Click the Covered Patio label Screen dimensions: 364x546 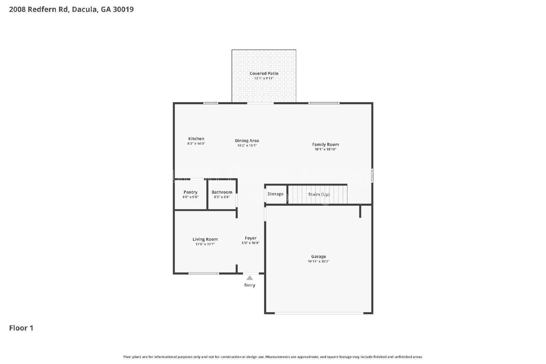pyautogui.click(x=264, y=73)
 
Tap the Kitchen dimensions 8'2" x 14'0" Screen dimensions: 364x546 pyautogui.click(x=196, y=144)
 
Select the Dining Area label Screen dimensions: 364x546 pyautogui.click(x=247, y=141)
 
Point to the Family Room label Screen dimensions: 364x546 pyautogui.click(x=325, y=144)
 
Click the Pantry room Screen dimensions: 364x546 pyautogui.click(x=190, y=194)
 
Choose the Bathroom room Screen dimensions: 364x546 pyautogui.click(x=222, y=194)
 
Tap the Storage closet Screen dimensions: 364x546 pyautogui.click(x=275, y=194)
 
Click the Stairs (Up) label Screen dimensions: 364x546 pyautogui.click(x=319, y=194)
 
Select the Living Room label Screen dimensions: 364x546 pyautogui.click(x=205, y=239)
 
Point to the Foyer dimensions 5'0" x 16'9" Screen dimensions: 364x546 pyautogui.click(x=250, y=243)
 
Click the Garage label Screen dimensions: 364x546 pyautogui.click(x=318, y=257)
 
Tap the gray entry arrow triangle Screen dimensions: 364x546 pyautogui.click(x=250, y=278)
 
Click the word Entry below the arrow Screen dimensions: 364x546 pyautogui.click(x=249, y=285)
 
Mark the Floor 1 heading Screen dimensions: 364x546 pyautogui.click(x=21, y=328)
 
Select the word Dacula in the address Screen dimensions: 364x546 pyautogui.click(x=85, y=10)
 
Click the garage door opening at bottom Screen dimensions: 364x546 pyautogui.click(x=319, y=313)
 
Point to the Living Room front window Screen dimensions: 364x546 pyautogui.click(x=204, y=273)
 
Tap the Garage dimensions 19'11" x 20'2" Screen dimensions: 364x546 pyautogui.click(x=318, y=261)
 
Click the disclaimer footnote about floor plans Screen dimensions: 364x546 pyautogui.click(x=273, y=357)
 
